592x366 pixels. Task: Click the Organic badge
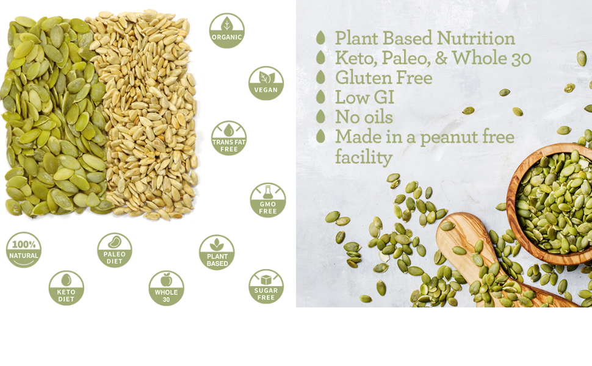pyautogui.click(x=227, y=30)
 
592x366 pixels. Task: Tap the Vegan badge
pyautogui.click(x=266, y=83)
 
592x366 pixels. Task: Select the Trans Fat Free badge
pyautogui.click(x=229, y=138)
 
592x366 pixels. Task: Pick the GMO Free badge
pyautogui.click(x=268, y=200)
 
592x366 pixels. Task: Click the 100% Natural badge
pyautogui.click(x=24, y=249)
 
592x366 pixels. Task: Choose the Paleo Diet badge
pyautogui.click(x=114, y=250)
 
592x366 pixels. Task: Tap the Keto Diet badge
pyautogui.click(x=66, y=288)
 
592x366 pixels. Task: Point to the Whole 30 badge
pyautogui.click(x=166, y=288)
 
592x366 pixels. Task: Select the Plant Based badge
pyautogui.click(x=217, y=253)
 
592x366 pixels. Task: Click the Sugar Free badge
pyautogui.click(x=266, y=287)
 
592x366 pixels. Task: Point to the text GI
pyautogui.click(x=384, y=98)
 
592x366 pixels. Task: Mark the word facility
pyautogui.click(x=364, y=157)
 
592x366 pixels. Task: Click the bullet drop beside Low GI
pyautogui.click(x=320, y=96)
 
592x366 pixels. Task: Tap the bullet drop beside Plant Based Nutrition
pyautogui.click(x=320, y=38)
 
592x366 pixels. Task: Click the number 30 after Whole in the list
pyautogui.click(x=521, y=58)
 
